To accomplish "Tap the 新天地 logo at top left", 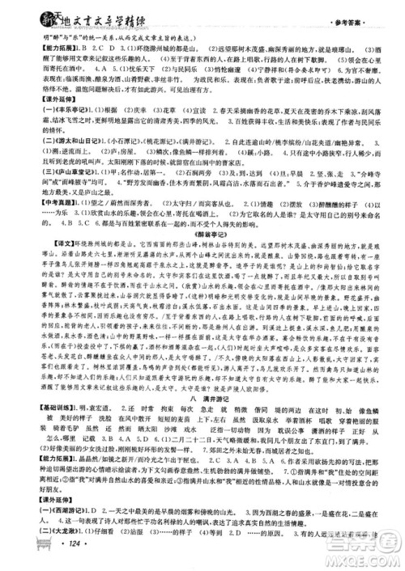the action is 24,11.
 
